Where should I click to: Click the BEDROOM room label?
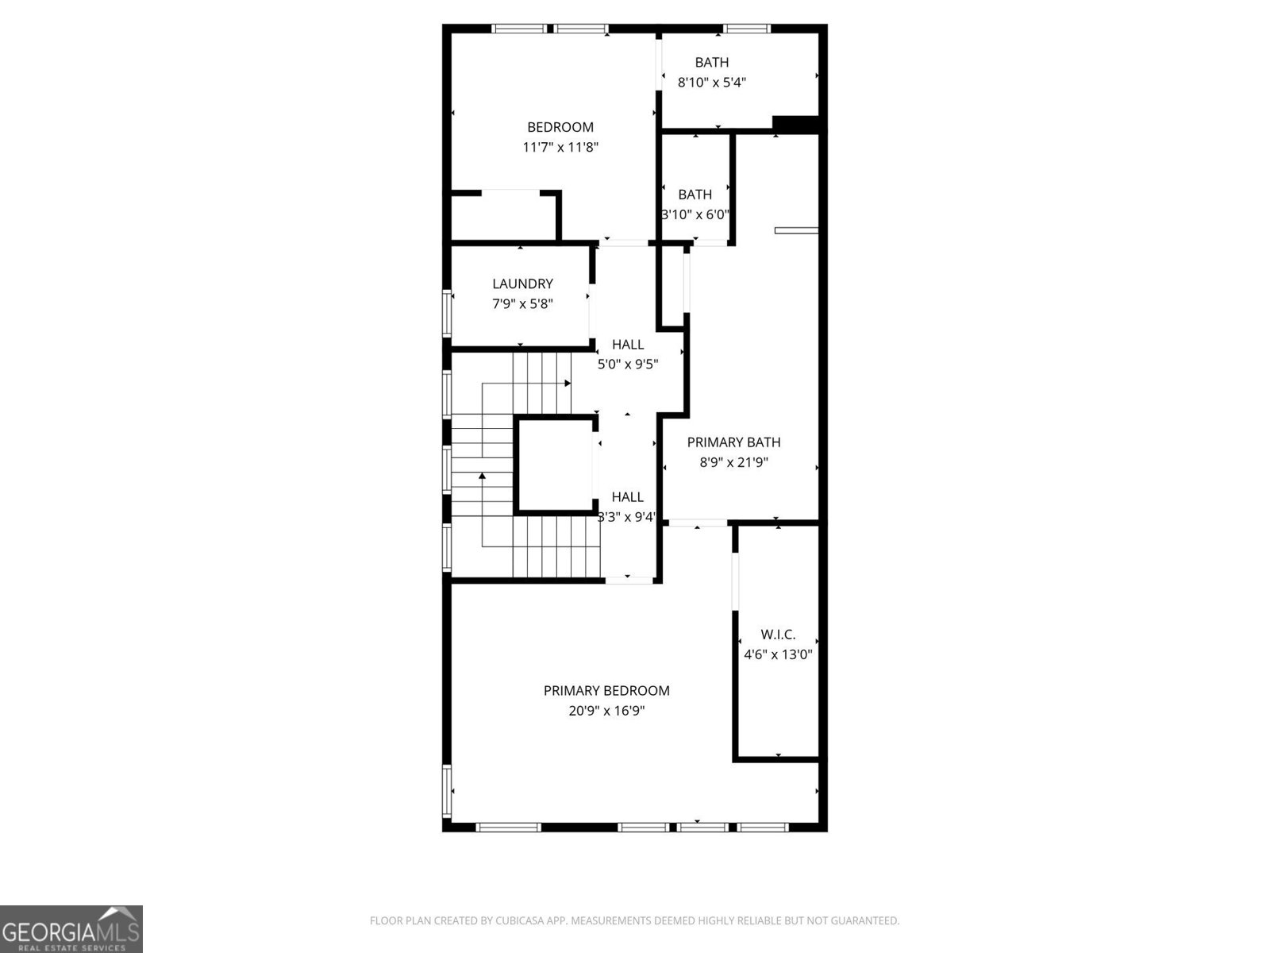pyautogui.click(x=560, y=127)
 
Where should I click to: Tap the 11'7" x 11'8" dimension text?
pyautogui.click(x=560, y=147)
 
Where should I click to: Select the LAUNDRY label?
pyautogui.click(x=522, y=284)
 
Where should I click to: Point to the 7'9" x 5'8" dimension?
pyautogui.click(x=522, y=303)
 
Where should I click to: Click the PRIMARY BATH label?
pyautogui.click(x=733, y=442)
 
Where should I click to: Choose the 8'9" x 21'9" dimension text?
pyautogui.click(x=733, y=462)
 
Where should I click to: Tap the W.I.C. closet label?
pyautogui.click(x=778, y=635)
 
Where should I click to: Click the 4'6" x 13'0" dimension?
pyautogui.click(x=778, y=654)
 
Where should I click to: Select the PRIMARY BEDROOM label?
pyautogui.click(x=606, y=691)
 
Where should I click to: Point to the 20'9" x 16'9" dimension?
pyautogui.click(x=606, y=711)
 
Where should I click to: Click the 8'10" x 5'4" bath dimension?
pyautogui.click(x=712, y=82)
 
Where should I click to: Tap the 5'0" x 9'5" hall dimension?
pyautogui.click(x=628, y=365)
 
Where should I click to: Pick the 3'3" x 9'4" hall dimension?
pyautogui.click(x=627, y=517)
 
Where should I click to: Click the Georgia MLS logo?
pyautogui.click(x=71, y=928)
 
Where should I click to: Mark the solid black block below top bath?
pyautogui.click(x=795, y=124)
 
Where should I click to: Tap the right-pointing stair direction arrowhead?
pyautogui.click(x=568, y=384)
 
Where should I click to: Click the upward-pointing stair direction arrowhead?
pyautogui.click(x=482, y=476)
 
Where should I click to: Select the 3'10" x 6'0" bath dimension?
pyautogui.click(x=695, y=214)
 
